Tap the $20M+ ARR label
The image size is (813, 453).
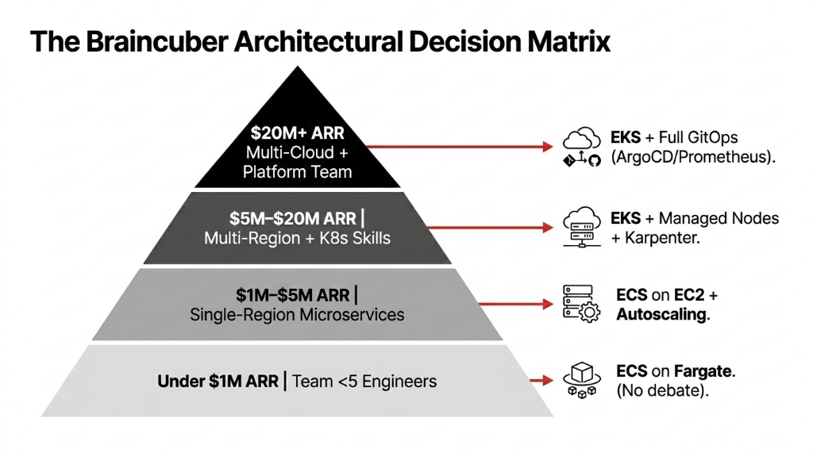[x=297, y=132]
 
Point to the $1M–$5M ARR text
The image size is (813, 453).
[x=292, y=295]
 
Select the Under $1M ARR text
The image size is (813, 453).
[x=218, y=382]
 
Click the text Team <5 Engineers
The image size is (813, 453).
[x=364, y=382]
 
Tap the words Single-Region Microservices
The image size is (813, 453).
[x=297, y=315]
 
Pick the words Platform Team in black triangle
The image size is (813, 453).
[x=297, y=172]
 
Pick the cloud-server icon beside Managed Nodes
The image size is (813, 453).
[x=582, y=226]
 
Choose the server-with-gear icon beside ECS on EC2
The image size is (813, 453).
[x=582, y=305]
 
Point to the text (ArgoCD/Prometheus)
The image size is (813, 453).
[x=692, y=157]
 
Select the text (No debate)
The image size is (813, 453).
[x=661, y=391]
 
